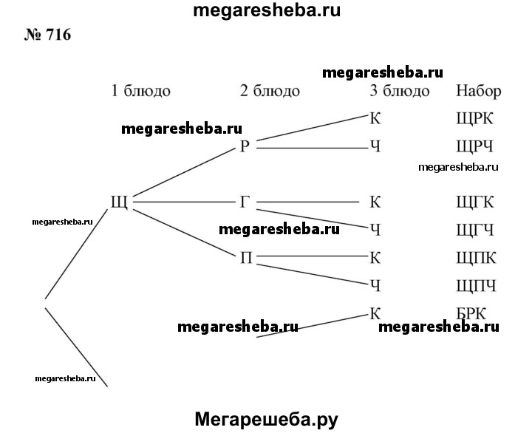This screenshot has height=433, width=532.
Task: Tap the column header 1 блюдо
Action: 140,92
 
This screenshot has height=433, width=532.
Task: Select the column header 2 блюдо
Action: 270,92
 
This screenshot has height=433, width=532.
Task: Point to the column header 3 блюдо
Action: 399,92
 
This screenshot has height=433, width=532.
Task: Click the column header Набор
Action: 479,92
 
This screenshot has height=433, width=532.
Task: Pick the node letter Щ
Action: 118,202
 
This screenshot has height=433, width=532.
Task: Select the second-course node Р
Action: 246,146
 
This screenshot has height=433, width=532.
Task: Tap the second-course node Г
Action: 246,202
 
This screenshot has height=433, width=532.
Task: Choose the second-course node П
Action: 246,257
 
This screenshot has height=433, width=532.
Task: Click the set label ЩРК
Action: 475,119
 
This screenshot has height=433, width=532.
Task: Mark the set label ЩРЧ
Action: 475,146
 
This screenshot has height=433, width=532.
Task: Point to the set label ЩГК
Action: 475,202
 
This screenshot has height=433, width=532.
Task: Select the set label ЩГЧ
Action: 475,230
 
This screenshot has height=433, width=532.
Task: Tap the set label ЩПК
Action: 476,257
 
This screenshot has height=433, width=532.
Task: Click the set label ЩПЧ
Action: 476,285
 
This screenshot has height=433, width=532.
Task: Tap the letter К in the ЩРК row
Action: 375,118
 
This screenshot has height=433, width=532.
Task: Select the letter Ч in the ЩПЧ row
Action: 375,285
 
